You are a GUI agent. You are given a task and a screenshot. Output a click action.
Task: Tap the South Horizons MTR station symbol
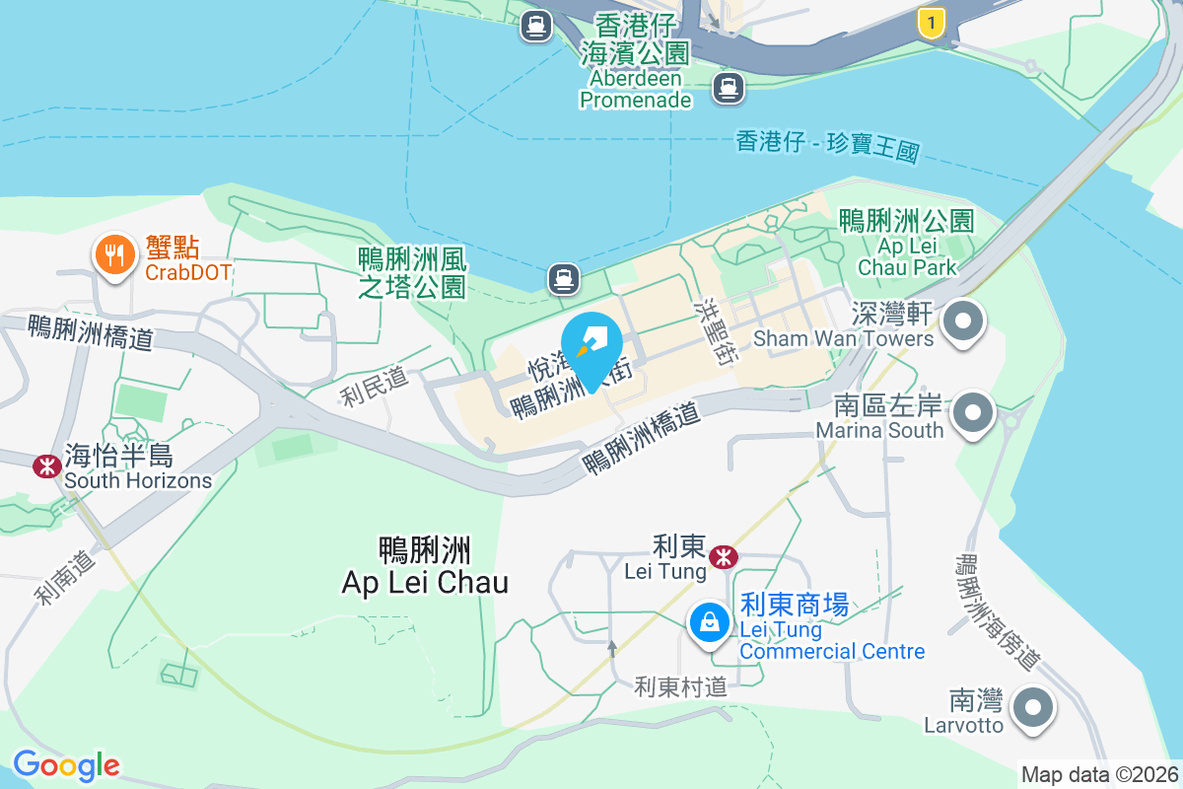45,466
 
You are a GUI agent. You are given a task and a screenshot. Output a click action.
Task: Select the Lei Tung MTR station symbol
725,556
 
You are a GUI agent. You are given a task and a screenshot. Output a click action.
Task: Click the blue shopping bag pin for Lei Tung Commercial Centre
709,622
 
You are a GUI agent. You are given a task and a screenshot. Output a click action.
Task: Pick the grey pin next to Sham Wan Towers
963,323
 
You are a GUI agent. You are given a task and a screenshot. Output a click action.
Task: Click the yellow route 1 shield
930,23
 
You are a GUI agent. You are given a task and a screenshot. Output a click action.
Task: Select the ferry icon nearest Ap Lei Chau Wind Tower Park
563,278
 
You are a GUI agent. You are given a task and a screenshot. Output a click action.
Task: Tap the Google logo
66,765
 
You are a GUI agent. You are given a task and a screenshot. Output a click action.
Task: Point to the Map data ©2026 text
1099,775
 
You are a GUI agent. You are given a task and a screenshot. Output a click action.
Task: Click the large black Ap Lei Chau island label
425,566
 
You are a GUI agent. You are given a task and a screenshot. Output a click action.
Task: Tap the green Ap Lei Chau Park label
906,243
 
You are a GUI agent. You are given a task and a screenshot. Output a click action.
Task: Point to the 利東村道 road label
680,686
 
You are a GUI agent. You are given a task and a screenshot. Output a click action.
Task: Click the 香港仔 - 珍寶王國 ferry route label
827,146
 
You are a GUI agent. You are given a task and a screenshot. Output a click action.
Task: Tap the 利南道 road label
66,577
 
